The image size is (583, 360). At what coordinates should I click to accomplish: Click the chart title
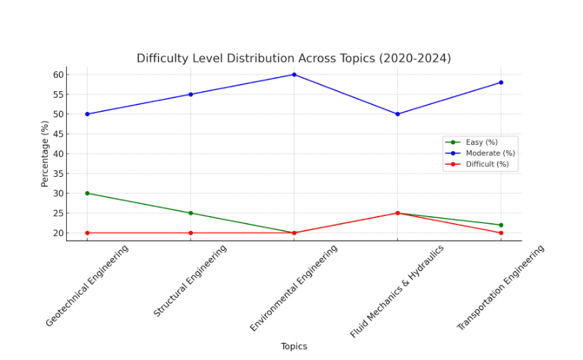coord(294,58)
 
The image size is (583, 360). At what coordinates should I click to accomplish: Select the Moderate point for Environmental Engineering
coord(294,74)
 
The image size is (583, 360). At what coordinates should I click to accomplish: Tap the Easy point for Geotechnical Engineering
coord(87,193)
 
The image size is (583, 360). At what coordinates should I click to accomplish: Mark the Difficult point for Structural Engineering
coord(190,233)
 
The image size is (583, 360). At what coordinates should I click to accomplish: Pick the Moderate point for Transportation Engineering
coord(500,83)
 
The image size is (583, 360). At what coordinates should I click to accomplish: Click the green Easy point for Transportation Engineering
coord(500,225)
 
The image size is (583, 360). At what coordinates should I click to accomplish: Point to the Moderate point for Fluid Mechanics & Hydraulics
coord(397,114)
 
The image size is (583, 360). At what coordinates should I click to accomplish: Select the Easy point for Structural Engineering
coord(190,213)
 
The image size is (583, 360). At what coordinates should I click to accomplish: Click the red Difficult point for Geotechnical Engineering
coord(87,233)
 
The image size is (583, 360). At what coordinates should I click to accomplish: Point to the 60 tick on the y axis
coord(58,75)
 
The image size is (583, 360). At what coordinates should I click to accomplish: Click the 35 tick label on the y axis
coord(58,174)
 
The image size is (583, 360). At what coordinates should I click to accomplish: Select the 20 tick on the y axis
coord(58,233)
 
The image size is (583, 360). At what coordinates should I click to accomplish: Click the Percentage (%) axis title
coord(45,154)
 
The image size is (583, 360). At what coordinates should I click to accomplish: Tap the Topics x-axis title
coord(294,346)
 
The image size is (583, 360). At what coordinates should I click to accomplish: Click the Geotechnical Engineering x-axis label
coord(87,285)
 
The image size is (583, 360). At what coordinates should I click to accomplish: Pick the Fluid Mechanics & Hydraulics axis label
coord(397,290)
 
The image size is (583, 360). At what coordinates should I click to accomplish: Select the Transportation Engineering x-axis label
coord(500,287)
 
